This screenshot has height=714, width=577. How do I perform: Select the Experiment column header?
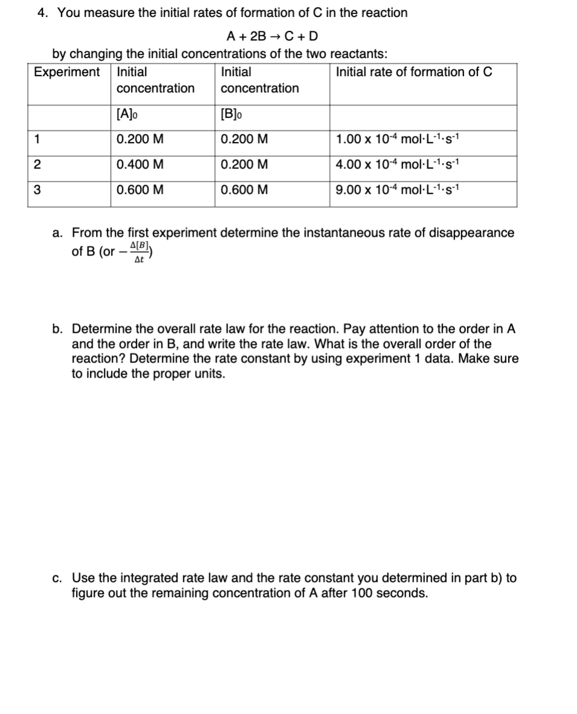point(67,72)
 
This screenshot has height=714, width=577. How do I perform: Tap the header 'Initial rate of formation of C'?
point(413,72)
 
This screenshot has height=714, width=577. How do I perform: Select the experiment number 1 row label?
point(37,140)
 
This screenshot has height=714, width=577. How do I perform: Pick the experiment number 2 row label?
point(37,165)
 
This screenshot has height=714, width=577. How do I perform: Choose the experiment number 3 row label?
point(37,190)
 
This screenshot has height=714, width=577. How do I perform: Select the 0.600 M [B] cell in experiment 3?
point(244,190)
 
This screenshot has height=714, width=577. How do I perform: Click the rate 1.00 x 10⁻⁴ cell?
point(399,140)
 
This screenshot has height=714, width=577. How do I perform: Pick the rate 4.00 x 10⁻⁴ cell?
point(399,165)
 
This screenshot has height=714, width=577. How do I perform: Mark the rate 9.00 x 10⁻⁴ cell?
point(399,190)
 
